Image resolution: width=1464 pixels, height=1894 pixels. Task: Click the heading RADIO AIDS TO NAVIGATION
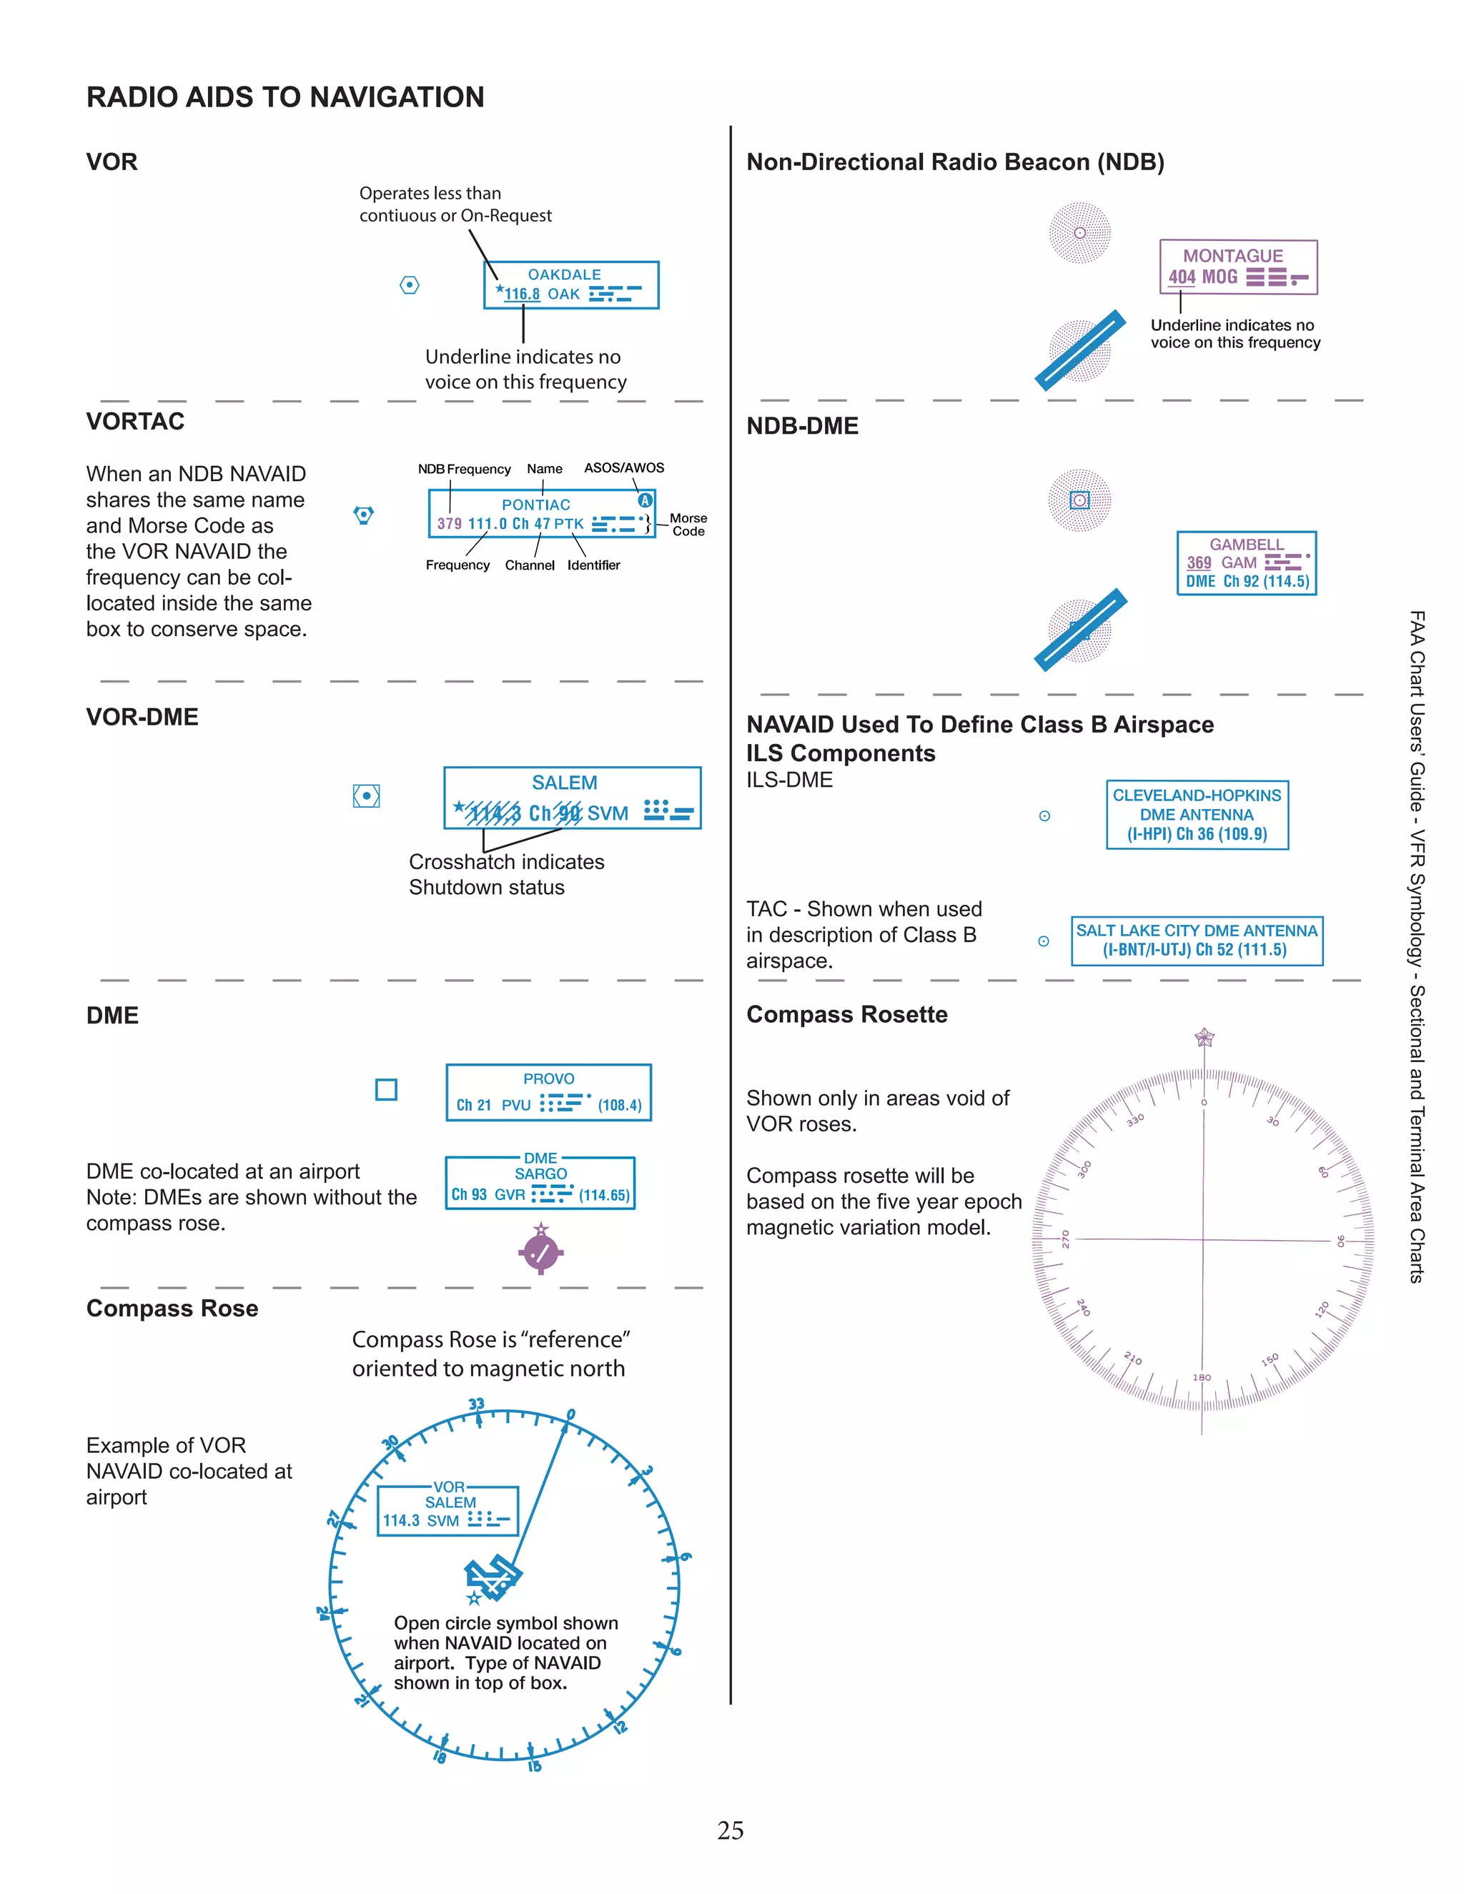[285, 97]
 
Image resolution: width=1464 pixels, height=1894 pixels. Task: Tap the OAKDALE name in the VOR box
[564, 274]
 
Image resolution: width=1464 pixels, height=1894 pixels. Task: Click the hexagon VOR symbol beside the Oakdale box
[410, 285]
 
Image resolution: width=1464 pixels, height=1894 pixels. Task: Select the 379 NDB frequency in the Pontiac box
[449, 524]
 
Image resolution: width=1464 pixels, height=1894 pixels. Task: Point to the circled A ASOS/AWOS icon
[644, 500]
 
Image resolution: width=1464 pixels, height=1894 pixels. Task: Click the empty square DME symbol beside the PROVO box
[386, 1089]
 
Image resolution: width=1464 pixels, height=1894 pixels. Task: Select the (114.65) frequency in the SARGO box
[605, 1195]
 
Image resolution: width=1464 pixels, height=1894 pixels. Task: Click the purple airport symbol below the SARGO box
[541, 1251]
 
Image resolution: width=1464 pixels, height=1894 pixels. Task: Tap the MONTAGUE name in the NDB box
[1232, 256]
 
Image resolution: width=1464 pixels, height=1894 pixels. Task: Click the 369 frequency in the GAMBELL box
[1199, 562]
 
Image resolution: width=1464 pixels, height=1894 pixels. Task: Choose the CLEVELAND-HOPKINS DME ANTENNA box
[1197, 814]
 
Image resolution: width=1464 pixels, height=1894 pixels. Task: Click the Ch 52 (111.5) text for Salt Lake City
[1241, 950]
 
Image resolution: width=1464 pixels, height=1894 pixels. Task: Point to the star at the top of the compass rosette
[1204, 1037]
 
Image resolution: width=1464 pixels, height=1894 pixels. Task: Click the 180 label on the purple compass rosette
[1201, 1377]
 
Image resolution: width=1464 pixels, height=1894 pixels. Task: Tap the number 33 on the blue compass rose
[476, 1404]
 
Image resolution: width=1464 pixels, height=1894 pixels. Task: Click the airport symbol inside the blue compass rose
[493, 1578]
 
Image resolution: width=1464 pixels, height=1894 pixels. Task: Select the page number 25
[731, 1830]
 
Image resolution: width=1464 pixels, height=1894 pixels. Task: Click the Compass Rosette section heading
[846, 1015]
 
